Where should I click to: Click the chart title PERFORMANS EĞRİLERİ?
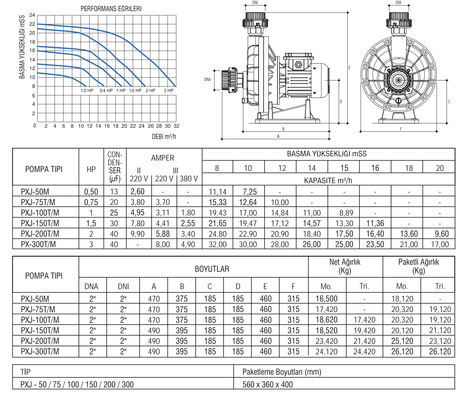(x=111, y=9)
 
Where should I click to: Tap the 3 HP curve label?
(x=169, y=91)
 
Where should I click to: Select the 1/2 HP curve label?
(x=87, y=91)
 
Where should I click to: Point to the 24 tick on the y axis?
(x=32, y=15)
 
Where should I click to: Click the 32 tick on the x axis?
(x=177, y=126)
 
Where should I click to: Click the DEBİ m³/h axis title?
(x=164, y=137)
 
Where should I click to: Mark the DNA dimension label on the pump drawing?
(x=207, y=79)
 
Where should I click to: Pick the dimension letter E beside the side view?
(x=349, y=67)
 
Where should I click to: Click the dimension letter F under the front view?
(x=401, y=129)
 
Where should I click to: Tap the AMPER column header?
(x=163, y=158)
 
